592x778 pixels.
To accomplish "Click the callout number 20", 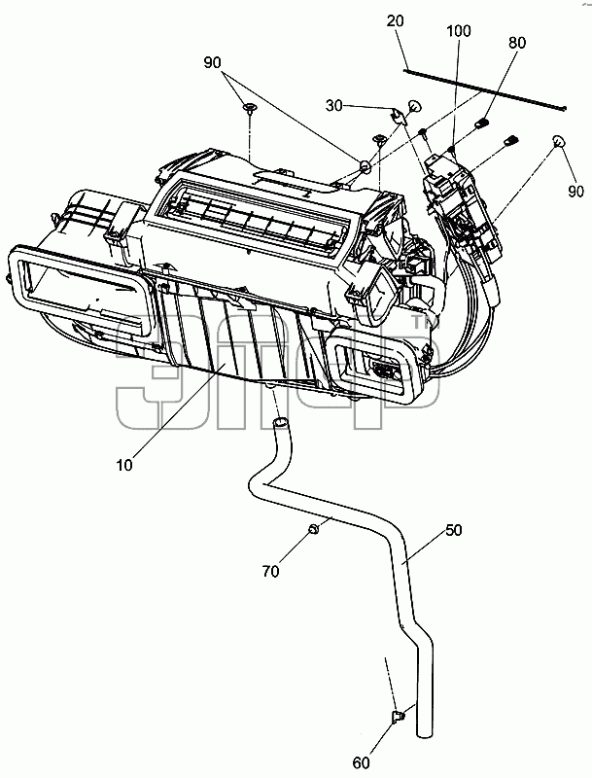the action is pos(396,20).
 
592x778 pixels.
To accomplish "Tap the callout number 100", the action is pos(459,31).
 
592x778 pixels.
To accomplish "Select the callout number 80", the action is pos(516,43).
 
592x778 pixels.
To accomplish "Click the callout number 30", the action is pos(334,106).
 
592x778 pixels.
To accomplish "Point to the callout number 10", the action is pos(124,465).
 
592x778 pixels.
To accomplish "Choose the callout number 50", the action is pos(453,530).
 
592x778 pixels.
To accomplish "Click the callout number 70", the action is pos(270,572).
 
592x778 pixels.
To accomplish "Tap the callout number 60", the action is pos(362,762).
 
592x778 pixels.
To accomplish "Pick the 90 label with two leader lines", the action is pos(212,63).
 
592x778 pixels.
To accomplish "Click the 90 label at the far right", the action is pos(575,191).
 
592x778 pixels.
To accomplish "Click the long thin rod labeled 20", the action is pos(485,89).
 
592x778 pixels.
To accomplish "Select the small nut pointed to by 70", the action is pos(313,529).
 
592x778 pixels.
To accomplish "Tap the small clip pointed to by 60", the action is pos(398,717).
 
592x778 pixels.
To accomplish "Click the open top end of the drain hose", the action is pos(281,422).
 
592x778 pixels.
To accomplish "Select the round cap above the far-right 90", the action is pos(559,141).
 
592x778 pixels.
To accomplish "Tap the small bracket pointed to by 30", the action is pos(398,116).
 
